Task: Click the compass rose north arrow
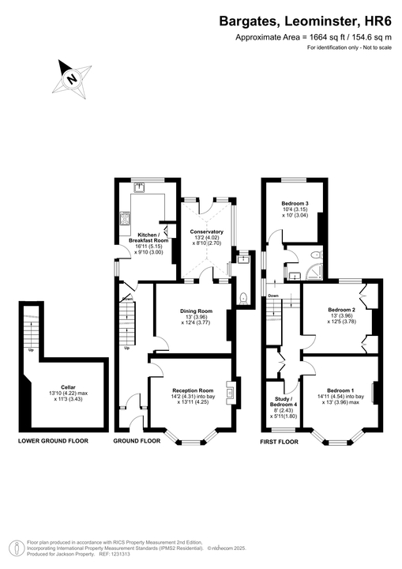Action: [72, 78]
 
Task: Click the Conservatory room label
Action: [207, 232]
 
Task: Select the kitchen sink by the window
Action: [139, 187]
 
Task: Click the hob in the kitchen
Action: [124, 218]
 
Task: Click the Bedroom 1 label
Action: [340, 390]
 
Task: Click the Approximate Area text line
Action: [314, 37]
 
